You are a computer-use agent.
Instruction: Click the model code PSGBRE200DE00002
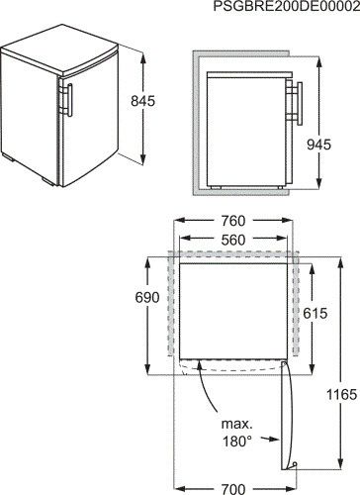pyautogui.click(x=287, y=6)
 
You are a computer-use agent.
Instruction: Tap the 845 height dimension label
pyautogui.click(x=142, y=101)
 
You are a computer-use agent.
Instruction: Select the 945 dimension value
pyautogui.click(x=318, y=145)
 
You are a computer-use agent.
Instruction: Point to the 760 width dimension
pyautogui.click(x=233, y=221)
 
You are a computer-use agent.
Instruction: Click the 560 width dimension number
pyautogui.click(x=233, y=241)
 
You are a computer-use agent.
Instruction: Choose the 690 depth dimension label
pyautogui.click(x=147, y=298)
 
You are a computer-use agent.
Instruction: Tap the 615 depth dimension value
pyautogui.click(x=315, y=313)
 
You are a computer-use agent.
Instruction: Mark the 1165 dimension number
pyautogui.click(x=342, y=394)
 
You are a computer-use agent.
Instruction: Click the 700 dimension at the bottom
pyautogui.click(x=233, y=489)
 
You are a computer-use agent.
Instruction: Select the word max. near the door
pyautogui.click(x=236, y=424)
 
